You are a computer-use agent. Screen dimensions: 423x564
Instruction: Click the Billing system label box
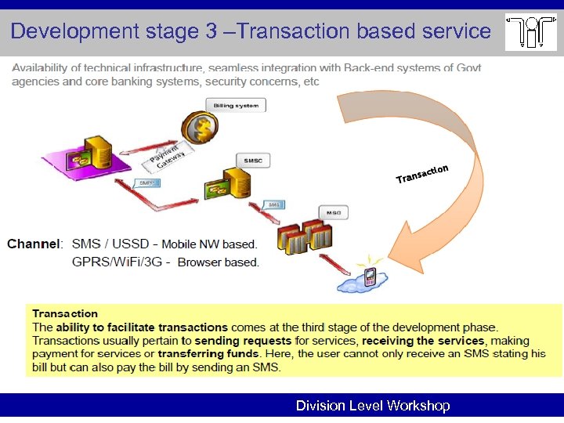[x=236, y=105]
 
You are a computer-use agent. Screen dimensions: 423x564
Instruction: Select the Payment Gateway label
[x=169, y=157]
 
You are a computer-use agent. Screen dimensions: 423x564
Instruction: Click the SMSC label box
[x=253, y=161]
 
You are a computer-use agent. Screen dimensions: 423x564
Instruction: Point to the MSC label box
[x=334, y=212]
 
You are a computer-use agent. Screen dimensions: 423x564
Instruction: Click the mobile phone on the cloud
[x=369, y=276]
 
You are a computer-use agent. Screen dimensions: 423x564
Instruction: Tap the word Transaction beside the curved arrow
[x=422, y=174]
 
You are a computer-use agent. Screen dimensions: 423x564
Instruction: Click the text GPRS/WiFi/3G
[x=117, y=262]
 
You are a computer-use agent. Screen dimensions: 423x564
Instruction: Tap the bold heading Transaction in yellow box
[x=65, y=313]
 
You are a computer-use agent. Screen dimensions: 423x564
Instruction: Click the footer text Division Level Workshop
[x=372, y=406]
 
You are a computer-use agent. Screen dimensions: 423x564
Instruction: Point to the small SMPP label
[x=146, y=183]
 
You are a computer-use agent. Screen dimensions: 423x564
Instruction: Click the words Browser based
[x=218, y=262]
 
